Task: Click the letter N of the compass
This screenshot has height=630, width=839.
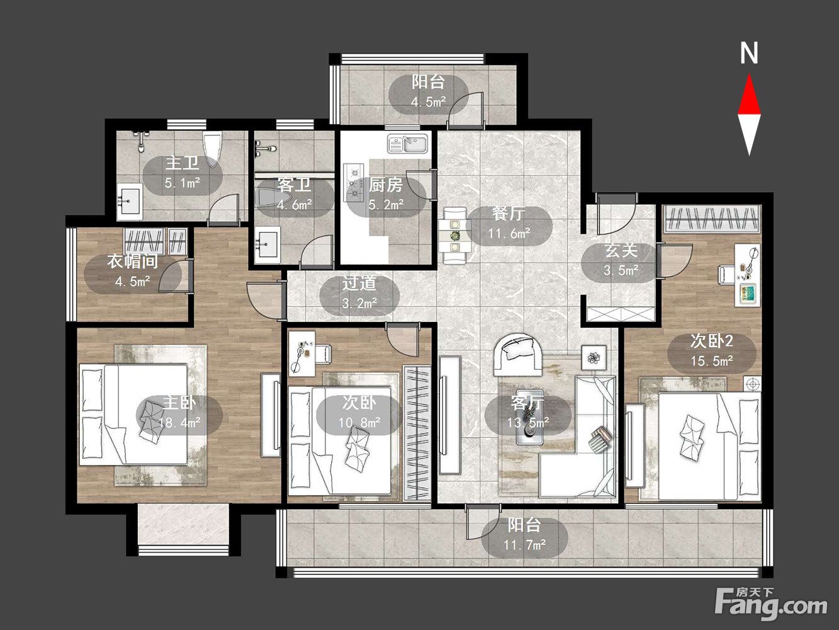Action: (749, 54)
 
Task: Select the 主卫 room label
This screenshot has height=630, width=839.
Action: (183, 163)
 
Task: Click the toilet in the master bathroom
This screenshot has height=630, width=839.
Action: (213, 149)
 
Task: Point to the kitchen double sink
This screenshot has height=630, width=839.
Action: (407, 144)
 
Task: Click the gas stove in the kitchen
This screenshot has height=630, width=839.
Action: (353, 183)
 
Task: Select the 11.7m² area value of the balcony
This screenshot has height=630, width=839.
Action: (524, 545)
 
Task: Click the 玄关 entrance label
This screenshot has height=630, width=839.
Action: (621, 251)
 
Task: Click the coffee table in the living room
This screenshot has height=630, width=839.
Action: (530, 417)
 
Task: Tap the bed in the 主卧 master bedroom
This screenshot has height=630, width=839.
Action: (133, 415)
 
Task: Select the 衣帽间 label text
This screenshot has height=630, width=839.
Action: (133, 262)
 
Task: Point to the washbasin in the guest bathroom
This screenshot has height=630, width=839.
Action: (267, 243)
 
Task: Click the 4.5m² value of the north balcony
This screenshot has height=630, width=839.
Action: (429, 102)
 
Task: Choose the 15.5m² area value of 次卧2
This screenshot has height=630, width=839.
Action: (712, 361)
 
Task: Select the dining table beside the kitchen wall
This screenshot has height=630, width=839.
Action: (455, 236)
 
